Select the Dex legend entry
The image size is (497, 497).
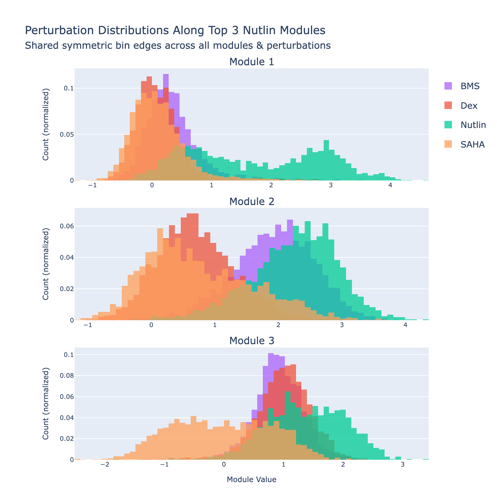(469, 106)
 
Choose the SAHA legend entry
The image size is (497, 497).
(472, 144)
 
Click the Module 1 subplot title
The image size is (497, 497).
(252, 62)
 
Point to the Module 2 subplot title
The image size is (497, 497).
(252, 202)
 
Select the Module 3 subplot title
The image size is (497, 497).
(252, 341)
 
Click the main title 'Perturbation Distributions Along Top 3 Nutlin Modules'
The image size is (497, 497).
(175, 30)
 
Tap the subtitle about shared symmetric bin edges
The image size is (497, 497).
(177, 46)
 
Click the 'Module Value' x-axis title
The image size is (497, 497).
(252, 480)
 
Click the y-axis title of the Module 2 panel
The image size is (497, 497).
(46, 264)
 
